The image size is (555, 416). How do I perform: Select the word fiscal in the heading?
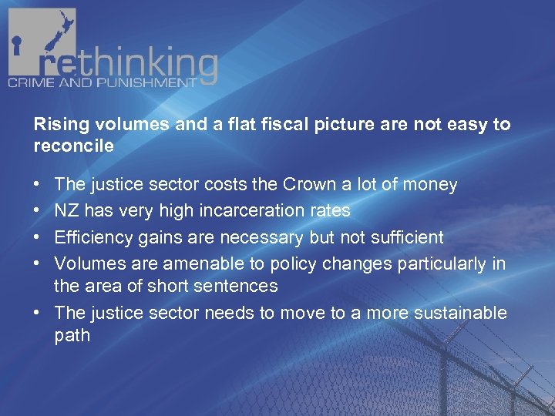(294, 125)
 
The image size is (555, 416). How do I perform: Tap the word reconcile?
(74, 145)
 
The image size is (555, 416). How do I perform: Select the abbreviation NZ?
(67, 210)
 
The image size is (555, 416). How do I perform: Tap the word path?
(72, 335)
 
